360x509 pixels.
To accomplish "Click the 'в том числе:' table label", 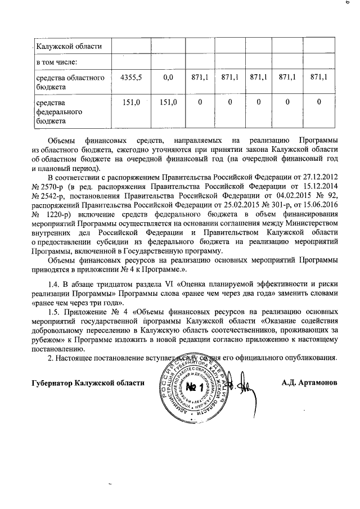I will pos(57,60).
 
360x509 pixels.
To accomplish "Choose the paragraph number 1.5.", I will pos(55,312).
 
